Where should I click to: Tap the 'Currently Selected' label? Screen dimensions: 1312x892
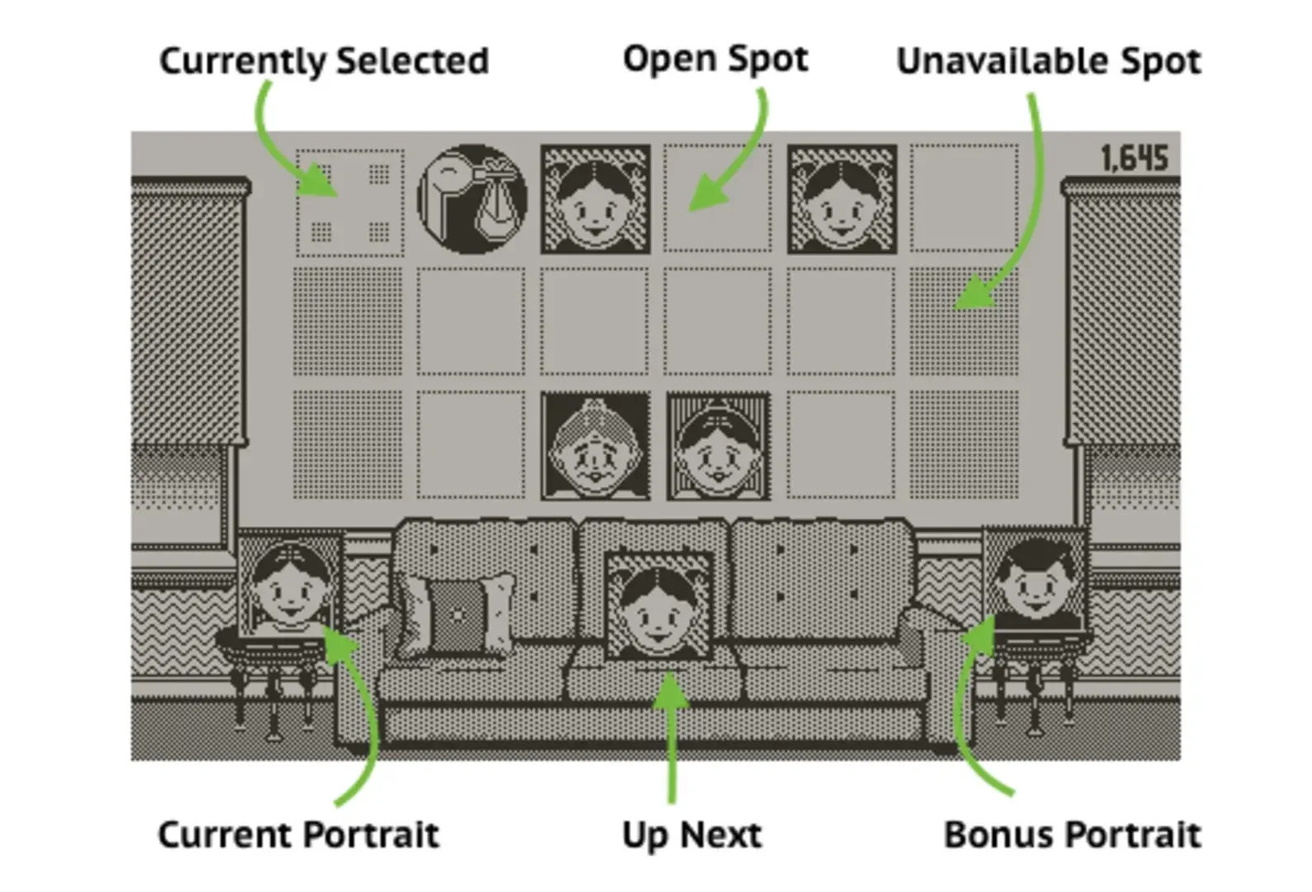(x=324, y=61)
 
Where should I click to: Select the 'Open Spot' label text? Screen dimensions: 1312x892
(x=715, y=59)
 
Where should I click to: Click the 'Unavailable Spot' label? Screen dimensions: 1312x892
(x=1049, y=61)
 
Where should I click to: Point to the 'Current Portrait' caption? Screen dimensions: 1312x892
(x=299, y=834)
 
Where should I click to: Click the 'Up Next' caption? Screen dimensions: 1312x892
(x=692, y=835)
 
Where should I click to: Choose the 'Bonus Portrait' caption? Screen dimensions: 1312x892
(x=1072, y=834)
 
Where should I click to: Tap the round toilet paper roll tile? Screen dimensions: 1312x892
(x=472, y=199)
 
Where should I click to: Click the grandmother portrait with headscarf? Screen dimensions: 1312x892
(x=596, y=446)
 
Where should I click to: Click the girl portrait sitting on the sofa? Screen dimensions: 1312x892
(x=658, y=607)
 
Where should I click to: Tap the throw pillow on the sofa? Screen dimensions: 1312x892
(x=457, y=614)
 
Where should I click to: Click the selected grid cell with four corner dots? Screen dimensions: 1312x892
(x=349, y=202)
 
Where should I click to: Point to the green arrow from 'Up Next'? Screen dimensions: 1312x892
(x=671, y=738)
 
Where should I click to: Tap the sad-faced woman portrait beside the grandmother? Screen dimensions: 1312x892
(x=719, y=446)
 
